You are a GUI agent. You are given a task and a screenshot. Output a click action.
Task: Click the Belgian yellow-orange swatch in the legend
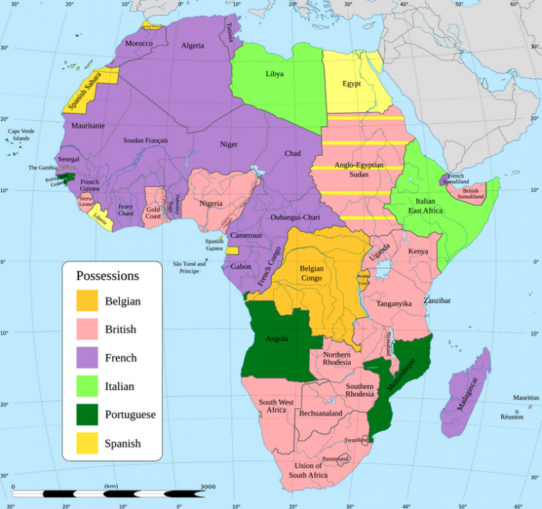coord(88,301)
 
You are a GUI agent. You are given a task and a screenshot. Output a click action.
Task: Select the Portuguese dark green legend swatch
coord(88,415)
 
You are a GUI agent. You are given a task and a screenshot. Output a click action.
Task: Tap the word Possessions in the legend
coord(107,276)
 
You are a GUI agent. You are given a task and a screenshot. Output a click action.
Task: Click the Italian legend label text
coord(119,386)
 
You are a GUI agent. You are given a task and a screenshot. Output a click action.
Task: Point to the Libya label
coord(275,74)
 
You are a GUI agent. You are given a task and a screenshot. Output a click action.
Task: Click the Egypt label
coord(351,83)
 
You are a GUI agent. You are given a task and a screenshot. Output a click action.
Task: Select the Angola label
coord(276,338)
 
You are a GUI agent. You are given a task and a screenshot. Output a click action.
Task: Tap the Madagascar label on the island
coord(466,392)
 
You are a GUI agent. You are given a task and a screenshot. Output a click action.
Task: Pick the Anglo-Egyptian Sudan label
coord(359,169)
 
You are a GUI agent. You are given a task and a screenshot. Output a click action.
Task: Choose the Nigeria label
coord(211,204)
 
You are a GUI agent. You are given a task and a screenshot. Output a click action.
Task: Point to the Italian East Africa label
coord(421,205)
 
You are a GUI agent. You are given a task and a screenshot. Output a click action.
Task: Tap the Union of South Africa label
coord(308,470)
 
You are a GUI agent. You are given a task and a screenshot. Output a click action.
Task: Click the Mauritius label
coord(526,398)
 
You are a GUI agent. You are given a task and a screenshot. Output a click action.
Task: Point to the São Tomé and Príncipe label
coord(189,267)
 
